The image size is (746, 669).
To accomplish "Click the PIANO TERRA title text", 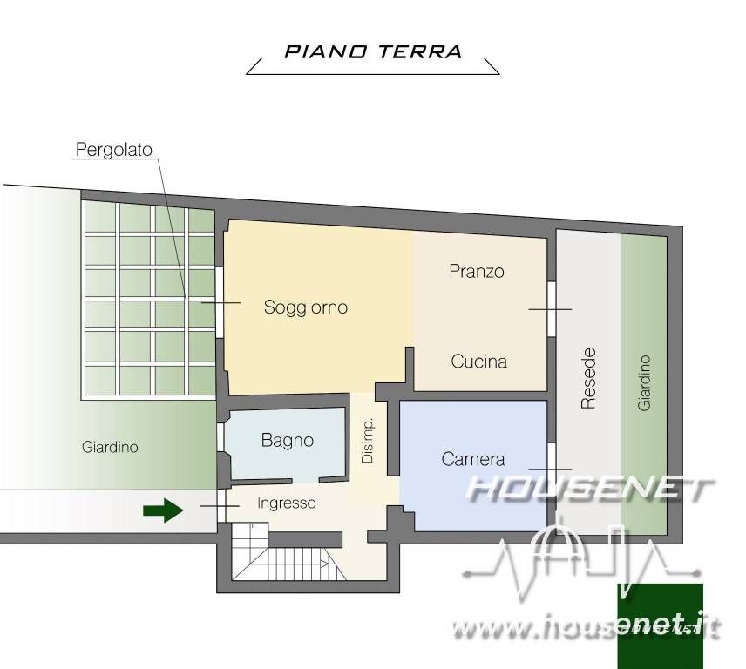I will point(373,51).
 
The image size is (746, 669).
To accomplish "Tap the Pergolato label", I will point(113,150).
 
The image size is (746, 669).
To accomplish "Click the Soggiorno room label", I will point(306,307).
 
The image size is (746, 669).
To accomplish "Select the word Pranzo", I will point(477,272).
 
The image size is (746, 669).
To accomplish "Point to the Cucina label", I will point(478,362).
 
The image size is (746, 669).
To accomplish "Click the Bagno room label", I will point(287,441).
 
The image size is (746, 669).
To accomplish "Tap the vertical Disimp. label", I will point(368,443).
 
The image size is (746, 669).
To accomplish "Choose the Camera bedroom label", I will point(473,459).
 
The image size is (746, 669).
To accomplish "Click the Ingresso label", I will point(287,503).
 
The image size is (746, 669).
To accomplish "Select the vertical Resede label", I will point(589,378).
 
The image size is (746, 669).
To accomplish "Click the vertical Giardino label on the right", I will point(644,382).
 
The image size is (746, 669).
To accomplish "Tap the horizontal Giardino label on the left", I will point(110,448).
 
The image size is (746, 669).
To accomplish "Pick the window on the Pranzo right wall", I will point(552,308).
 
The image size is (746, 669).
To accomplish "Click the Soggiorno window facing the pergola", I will point(220,301).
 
